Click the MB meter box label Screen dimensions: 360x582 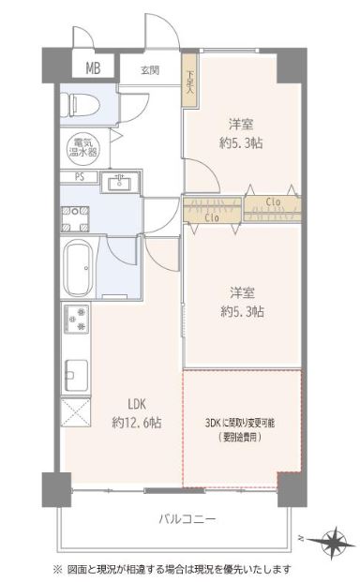(93, 68)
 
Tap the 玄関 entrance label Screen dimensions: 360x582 (150, 70)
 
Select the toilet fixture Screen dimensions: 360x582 (81, 104)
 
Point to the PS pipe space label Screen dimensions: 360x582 (80, 177)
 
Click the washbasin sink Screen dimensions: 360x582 (119, 182)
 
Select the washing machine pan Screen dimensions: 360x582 (75, 219)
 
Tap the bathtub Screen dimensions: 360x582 (79, 268)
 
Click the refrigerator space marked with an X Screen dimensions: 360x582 (76, 412)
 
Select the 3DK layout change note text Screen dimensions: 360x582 (240, 429)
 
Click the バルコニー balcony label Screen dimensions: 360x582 (187, 518)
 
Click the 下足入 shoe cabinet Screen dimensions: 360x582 (189, 81)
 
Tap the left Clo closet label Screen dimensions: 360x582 (212, 217)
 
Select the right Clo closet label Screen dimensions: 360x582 (273, 202)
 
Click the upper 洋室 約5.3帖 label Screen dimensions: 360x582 (241, 133)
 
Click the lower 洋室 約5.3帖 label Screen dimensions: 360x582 (242, 302)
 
